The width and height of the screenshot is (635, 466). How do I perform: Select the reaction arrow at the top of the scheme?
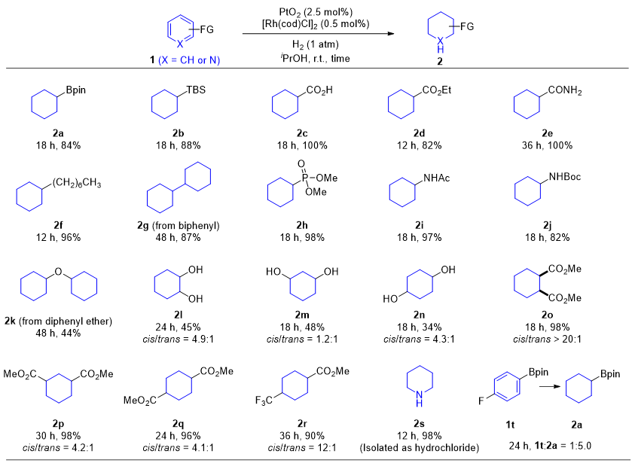[316, 33]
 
